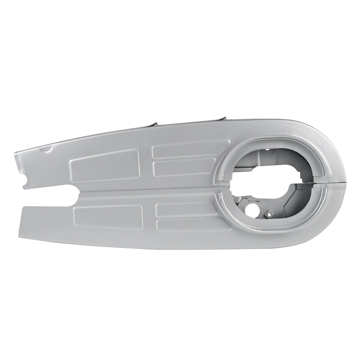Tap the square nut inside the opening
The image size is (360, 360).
[x=267, y=214]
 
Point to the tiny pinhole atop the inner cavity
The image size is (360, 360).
[x=269, y=147]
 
